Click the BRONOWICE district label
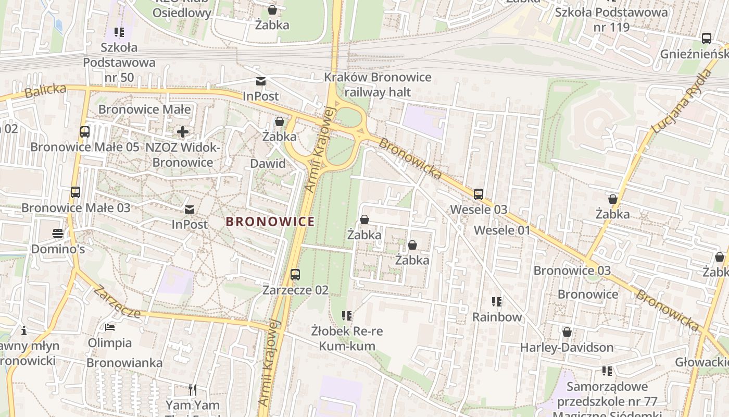(x=270, y=222)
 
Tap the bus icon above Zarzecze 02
(x=295, y=274)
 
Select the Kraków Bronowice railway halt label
(x=377, y=85)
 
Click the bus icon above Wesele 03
(x=479, y=194)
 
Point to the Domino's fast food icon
(x=58, y=234)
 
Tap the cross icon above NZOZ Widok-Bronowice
(x=183, y=132)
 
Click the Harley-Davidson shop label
(x=567, y=347)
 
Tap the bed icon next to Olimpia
(x=110, y=327)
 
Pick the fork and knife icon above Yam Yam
(x=193, y=389)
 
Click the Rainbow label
(x=497, y=317)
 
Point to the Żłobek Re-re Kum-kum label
(x=347, y=338)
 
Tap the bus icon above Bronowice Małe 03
(x=76, y=192)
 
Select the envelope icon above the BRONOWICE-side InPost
(x=190, y=210)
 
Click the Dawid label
(x=268, y=164)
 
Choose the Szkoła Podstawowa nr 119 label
(x=611, y=19)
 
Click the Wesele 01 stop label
(x=502, y=230)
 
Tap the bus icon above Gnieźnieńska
(x=707, y=38)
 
